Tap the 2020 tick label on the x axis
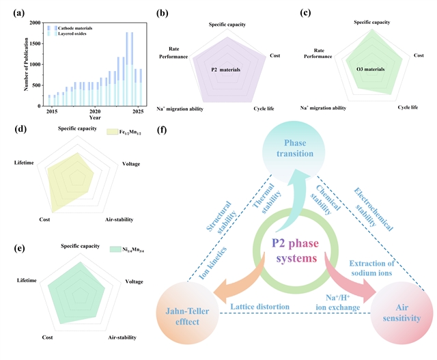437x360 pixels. pyautogui.click(x=95, y=111)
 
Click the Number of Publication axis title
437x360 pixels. pyautogui.click(x=27, y=65)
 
